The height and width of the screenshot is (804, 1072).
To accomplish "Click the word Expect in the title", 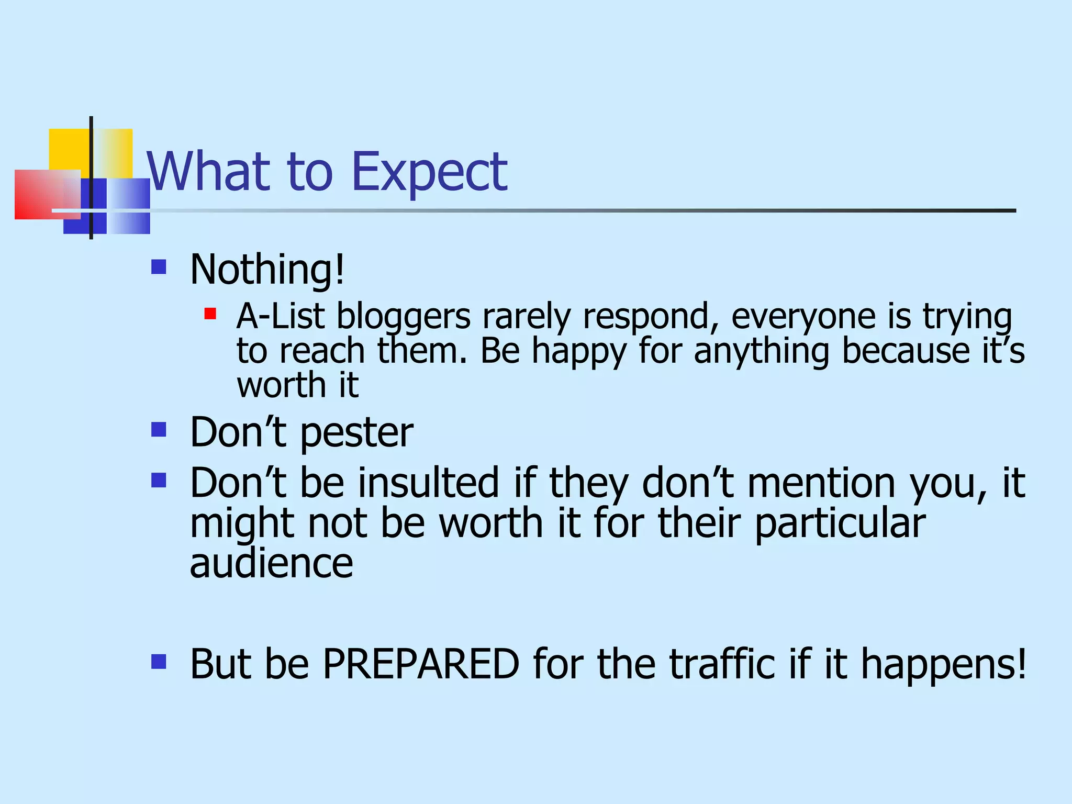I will [x=430, y=172].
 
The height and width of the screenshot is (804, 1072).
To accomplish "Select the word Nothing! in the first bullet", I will [x=267, y=269].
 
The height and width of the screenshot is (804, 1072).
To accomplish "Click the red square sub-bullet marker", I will [x=210, y=314].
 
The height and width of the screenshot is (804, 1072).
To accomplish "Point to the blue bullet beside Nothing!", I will [x=159, y=267].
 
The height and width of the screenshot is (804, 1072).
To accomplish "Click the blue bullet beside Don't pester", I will [x=159, y=430].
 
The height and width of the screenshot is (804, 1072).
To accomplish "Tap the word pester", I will [x=356, y=433].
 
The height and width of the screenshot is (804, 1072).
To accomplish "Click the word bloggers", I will [x=403, y=317].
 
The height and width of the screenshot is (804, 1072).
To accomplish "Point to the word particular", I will [x=840, y=523].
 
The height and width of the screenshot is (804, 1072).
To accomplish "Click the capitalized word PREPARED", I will [x=421, y=664].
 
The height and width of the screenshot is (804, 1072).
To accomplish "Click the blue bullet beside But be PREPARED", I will [x=159, y=662].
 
